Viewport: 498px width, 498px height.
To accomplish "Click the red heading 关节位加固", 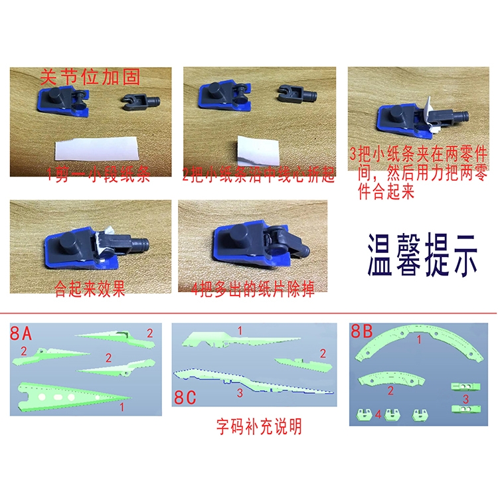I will coord(90,77).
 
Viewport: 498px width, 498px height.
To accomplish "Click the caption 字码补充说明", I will coord(258,426).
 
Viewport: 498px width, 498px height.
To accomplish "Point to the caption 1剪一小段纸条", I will coord(98,175).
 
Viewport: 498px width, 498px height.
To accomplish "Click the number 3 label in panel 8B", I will coord(466,399).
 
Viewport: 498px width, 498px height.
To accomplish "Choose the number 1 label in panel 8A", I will coord(121,404).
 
